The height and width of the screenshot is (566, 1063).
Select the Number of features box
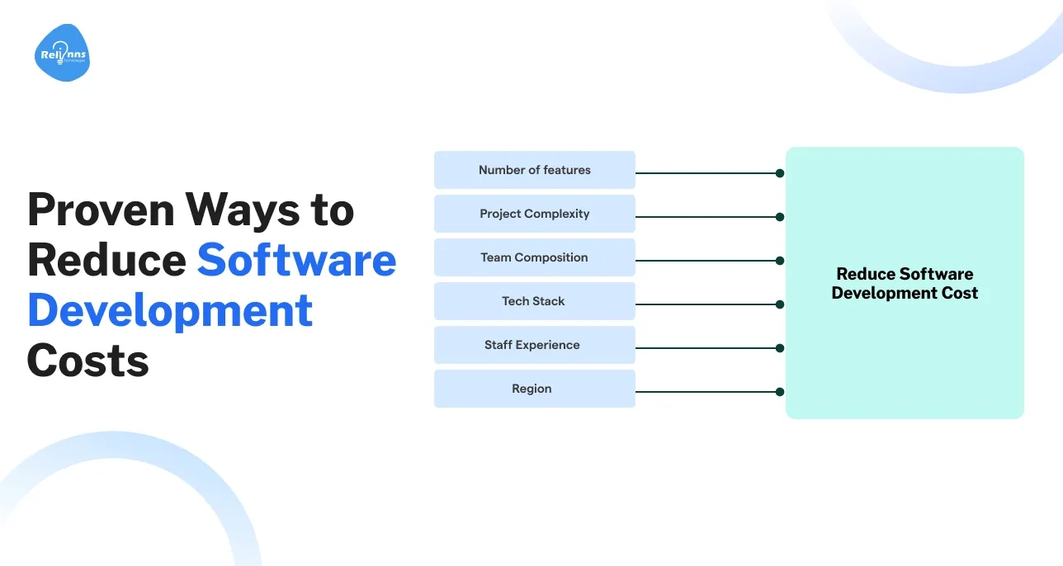pos(534,170)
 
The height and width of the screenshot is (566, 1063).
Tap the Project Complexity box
pos(534,214)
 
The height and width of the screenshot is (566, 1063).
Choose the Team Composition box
pos(534,257)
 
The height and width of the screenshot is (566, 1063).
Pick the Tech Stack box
pos(534,301)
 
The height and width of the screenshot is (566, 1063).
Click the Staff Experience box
pos(534,345)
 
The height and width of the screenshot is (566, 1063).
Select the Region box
pos(534,389)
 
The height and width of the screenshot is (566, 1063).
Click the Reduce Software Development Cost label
pos(905,283)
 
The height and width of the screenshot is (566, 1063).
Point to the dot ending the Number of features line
pos(779,173)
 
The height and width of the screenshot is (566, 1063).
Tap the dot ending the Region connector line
pos(779,392)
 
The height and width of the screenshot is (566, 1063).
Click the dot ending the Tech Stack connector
pos(779,304)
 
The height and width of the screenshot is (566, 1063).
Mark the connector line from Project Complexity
pos(706,217)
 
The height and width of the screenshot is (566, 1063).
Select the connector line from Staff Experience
pos(706,348)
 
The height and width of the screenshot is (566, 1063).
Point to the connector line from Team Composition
pos(706,261)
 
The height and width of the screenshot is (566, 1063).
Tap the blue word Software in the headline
pos(296,260)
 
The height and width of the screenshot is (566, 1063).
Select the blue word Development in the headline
pos(170,312)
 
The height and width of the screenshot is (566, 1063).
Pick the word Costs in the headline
pos(88,361)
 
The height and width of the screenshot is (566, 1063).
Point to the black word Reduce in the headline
pos(106,260)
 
